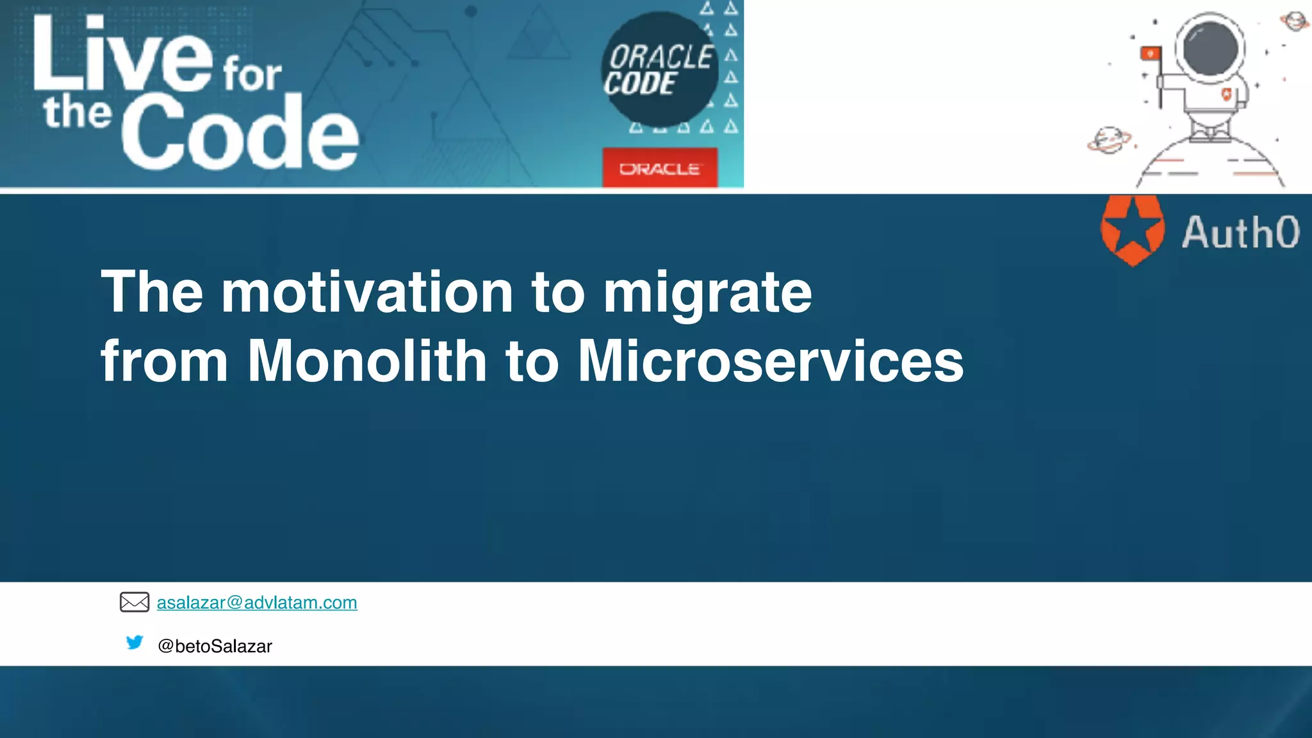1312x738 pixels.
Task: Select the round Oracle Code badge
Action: (x=660, y=69)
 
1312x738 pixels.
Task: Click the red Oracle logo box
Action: (x=660, y=168)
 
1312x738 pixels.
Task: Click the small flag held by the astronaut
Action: (x=1151, y=54)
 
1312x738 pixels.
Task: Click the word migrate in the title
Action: (x=708, y=293)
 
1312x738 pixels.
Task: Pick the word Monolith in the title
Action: (x=367, y=361)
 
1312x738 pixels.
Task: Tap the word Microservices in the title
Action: (x=771, y=361)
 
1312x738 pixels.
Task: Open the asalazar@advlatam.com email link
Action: (x=257, y=603)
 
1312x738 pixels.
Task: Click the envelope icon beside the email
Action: (x=135, y=602)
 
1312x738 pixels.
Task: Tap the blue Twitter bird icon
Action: (x=135, y=642)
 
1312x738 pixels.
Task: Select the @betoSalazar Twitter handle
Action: (x=215, y=646)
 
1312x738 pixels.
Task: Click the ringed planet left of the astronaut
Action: (x=1109, y=140)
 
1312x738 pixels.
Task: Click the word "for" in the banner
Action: (x=252, y=75)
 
